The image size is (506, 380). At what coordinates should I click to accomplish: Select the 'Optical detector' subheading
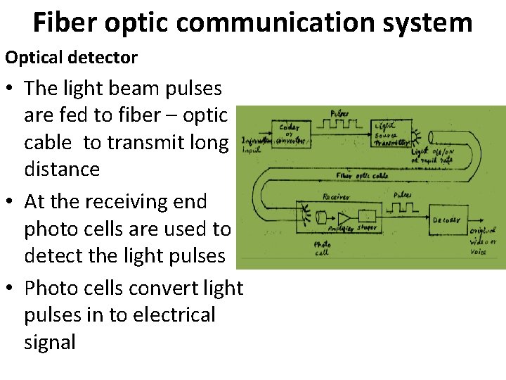click(71, 57)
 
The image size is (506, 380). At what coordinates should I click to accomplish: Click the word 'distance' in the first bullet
click(62, 169)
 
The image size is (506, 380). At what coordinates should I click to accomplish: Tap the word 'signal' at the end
click(49, 342)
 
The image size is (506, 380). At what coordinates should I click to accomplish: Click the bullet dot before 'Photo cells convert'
click(12, 289)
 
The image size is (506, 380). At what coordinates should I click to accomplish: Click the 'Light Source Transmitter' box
click(393, 133)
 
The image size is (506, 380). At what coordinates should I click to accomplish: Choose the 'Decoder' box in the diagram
click(446, 220)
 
